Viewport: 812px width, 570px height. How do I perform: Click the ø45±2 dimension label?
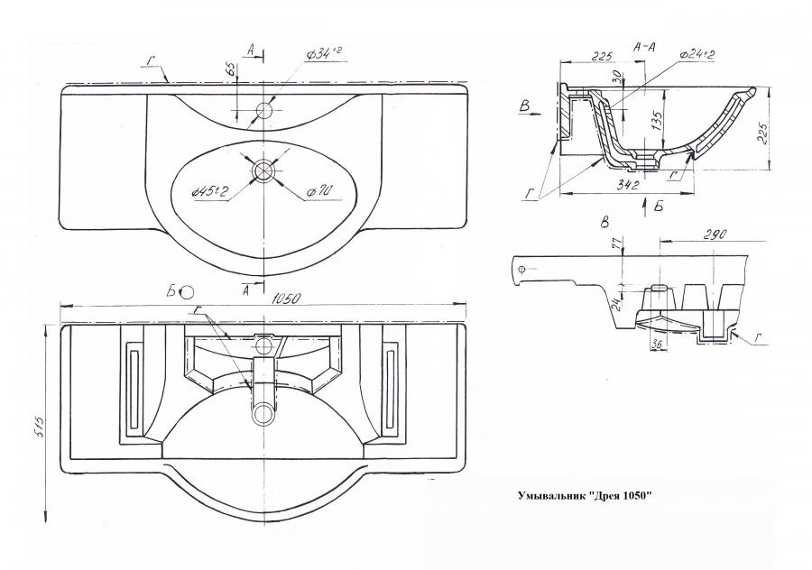[208, 190]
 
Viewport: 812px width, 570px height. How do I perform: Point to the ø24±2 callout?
[698, 56]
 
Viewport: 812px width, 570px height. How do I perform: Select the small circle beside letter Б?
[187, 291]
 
